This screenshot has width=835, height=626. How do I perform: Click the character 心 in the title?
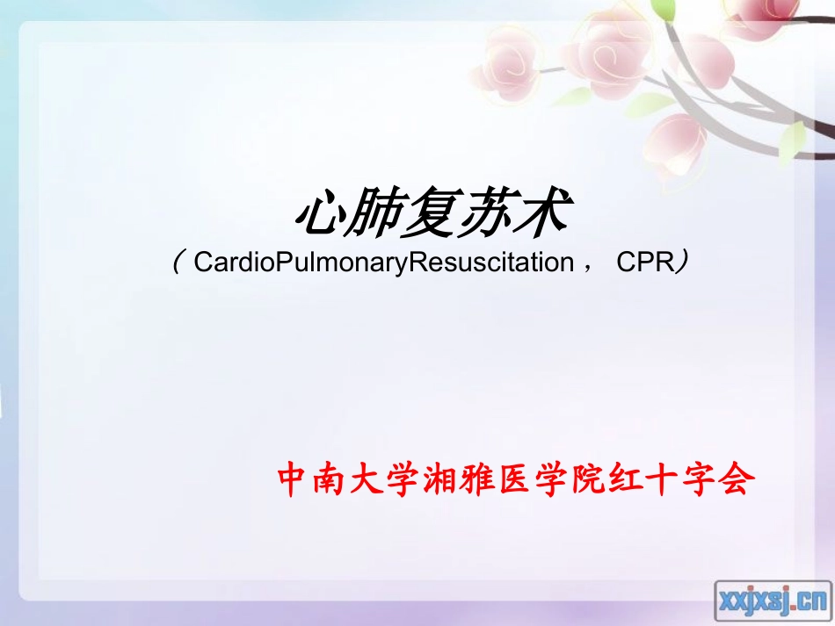pyautogui.click(x=319, y=215)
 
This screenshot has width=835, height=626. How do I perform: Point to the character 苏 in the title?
pyautogui.click(x=481, y=215)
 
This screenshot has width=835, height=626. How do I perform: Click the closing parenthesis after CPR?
pyautogui.click(x=681, y=263)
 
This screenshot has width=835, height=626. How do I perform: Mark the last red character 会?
pyautogui.click(x=738, y=480)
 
